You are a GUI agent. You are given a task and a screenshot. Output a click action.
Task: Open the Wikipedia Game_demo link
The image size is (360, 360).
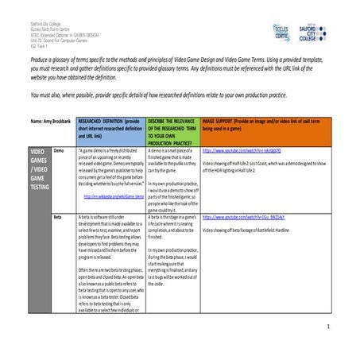113,195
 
